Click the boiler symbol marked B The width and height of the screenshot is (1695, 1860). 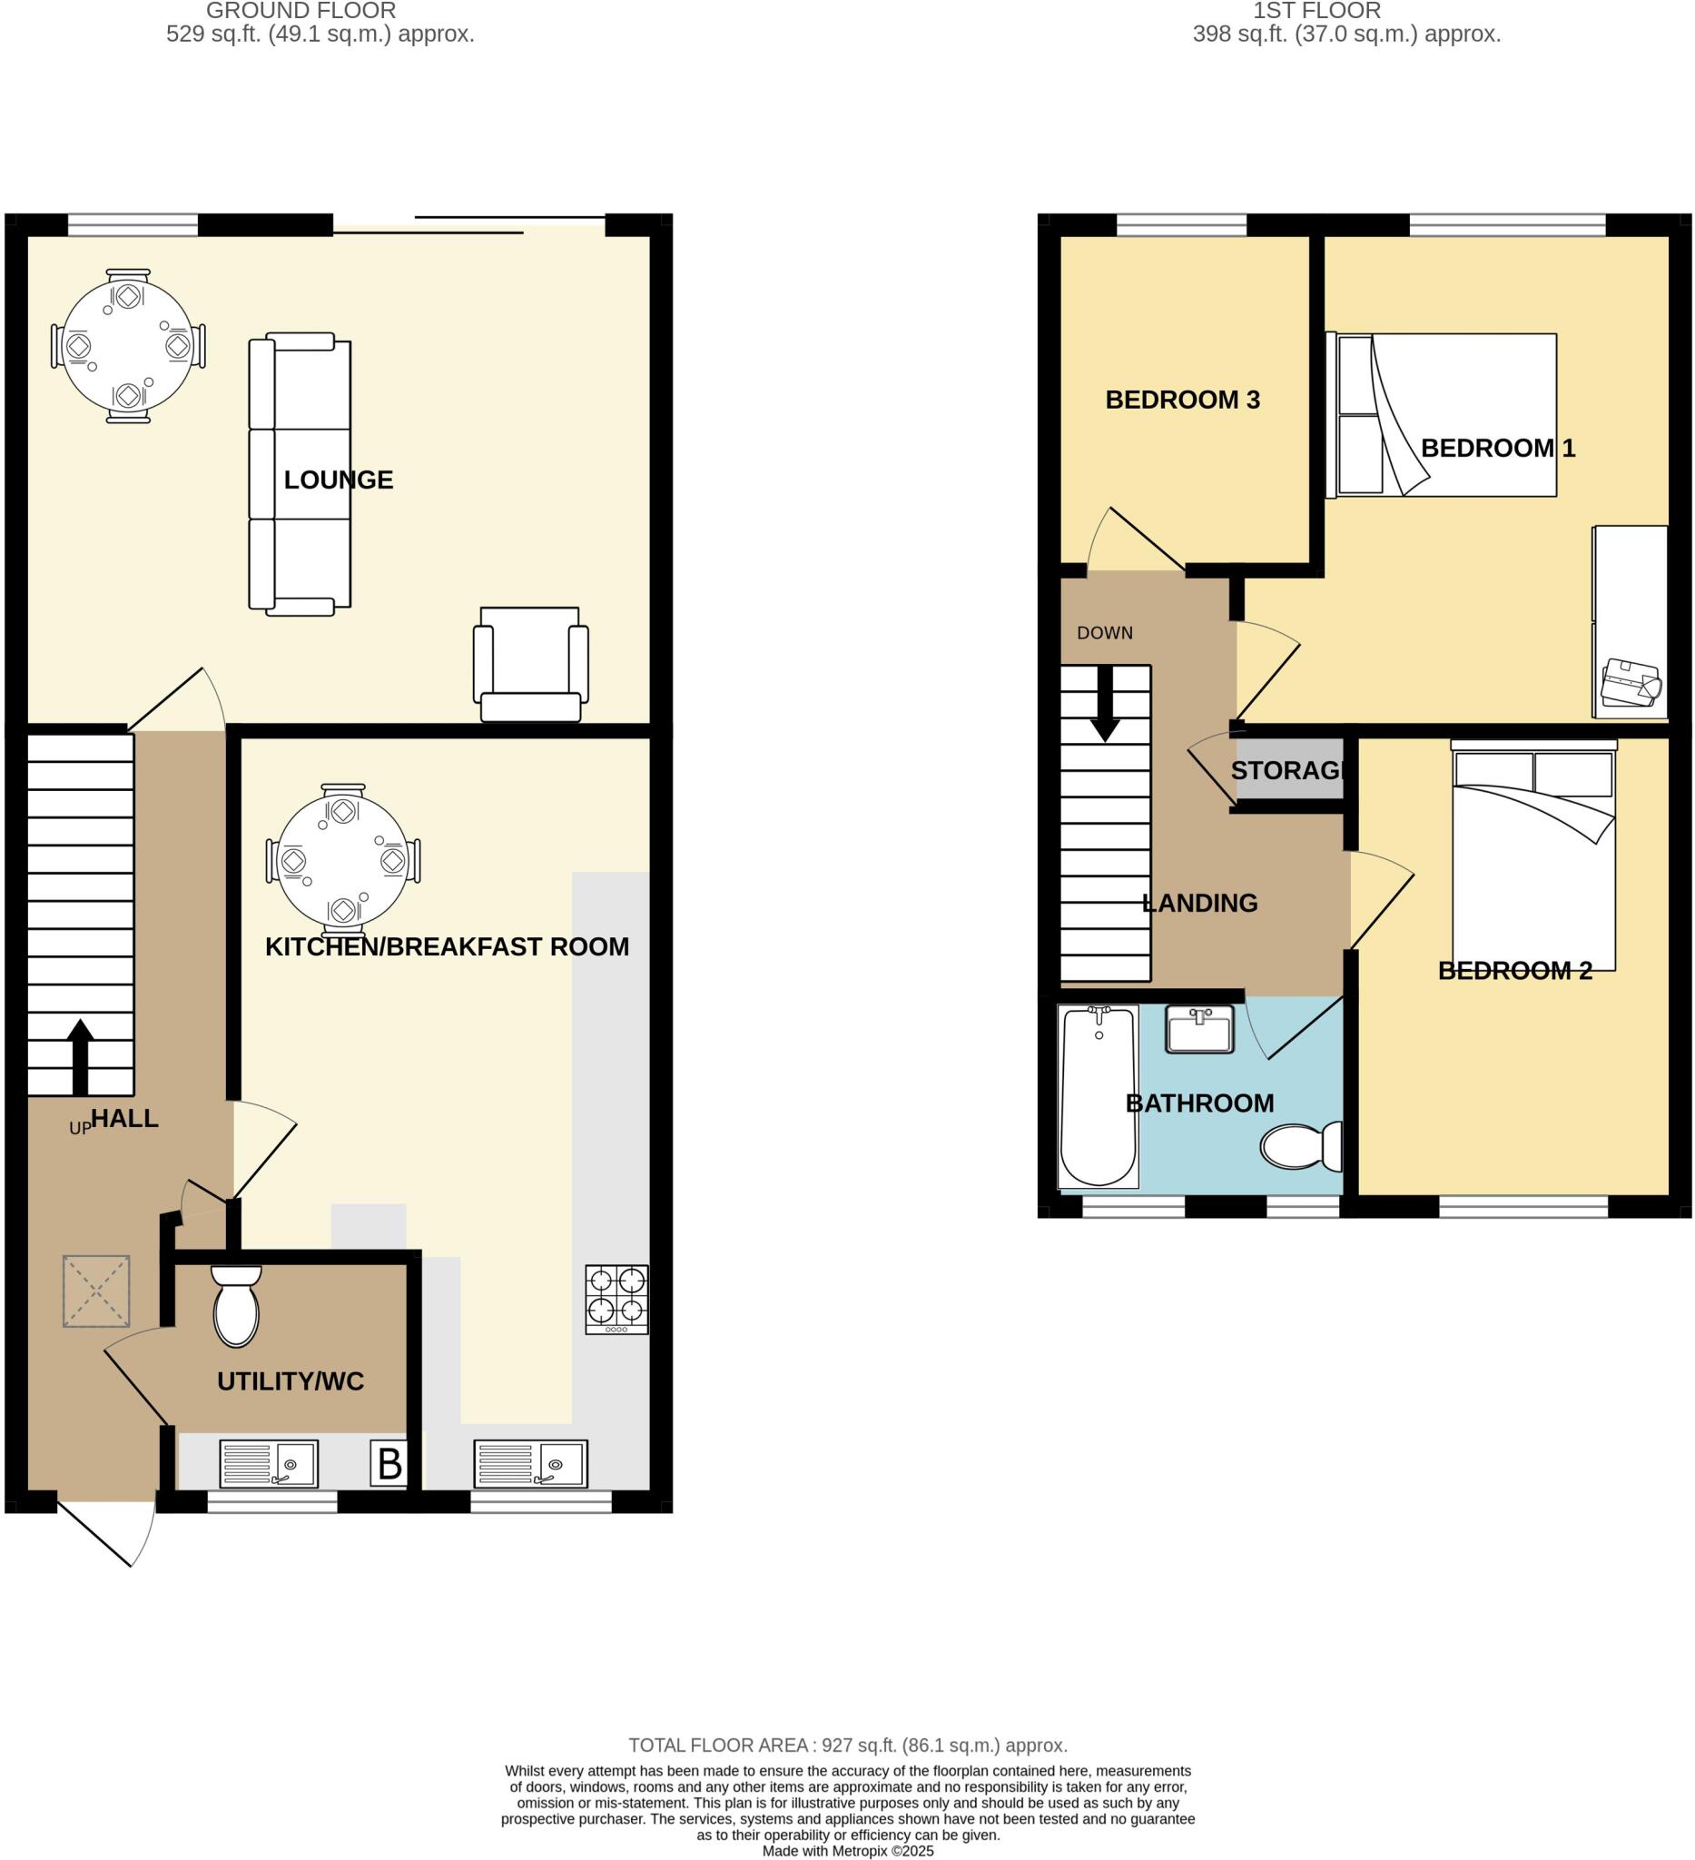pyautogui.click(x=389, y=1464)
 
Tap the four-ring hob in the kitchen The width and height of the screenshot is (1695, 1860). pyautogui.click(x=616, y=1298)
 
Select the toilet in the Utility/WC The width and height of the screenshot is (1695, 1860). pyautogui.click(x=236, y=1306)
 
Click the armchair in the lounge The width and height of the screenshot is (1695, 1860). pyautogui.click(x=530, y=664)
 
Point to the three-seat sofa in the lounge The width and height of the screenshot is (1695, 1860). pyautogui.click(x=300, y=473)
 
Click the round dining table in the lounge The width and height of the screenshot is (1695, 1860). pyautogui.click(x=127, y=346)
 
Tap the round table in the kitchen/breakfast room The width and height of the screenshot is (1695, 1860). pyautogui.click(x=343, y=860)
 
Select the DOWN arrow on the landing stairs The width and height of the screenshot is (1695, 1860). pyautogui.click(x=1105, y=703)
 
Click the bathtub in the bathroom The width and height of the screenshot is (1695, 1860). pyautogui.click(x=1099, y=1096)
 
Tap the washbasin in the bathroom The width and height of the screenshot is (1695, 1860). pyautogui.click(x=1199, y=1030)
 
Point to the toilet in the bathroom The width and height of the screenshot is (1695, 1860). pyautogui.click(x=1301, y=1147)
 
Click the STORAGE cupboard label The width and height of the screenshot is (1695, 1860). pyautogui.click(x=1287, y=770)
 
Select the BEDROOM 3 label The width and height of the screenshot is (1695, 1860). pyautogui.click(x=1182, y=400)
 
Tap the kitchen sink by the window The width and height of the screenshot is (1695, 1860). pyautogui.click(x=530, y=1464)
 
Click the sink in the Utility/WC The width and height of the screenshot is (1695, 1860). pyautogui.click(x=270, y=1464)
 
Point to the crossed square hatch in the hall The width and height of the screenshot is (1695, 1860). pyautogui.click(x=96, y=1291)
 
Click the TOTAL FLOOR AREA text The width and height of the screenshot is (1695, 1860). pyautogui.click(x=848, y=1746)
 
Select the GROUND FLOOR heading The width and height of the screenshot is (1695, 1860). pyautogui.click(x=301, y=11)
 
